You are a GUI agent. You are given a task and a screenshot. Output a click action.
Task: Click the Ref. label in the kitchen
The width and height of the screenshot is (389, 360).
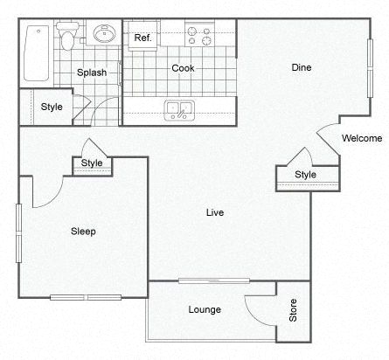tap(143, 38)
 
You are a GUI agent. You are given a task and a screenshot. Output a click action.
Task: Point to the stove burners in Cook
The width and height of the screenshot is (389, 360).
tap(198, 36)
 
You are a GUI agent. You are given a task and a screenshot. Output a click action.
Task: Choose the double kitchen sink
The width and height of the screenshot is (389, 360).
tap(179, 110)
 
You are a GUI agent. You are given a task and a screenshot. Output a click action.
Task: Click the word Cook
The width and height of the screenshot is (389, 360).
tap(182, 68)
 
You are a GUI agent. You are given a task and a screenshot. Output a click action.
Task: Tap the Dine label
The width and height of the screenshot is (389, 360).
tap(301, 68)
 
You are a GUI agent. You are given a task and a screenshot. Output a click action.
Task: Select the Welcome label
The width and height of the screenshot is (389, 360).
tap(361, 138)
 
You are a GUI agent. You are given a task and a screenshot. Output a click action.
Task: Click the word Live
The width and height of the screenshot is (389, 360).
tap(214, 212)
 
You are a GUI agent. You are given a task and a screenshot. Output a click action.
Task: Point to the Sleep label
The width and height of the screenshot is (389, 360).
tap(83, 232)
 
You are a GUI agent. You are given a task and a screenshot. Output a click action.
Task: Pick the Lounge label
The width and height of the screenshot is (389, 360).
tap(204, 310)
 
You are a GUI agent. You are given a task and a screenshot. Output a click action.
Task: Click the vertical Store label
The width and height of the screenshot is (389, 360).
tap(294, 311)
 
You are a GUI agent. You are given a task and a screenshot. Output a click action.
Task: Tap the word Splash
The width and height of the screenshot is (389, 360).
tap(92, 73)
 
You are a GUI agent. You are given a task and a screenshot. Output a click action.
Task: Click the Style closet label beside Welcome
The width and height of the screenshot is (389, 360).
tap(305, 175)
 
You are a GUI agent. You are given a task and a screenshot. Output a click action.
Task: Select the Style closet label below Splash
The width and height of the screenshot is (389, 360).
tap(52, 107)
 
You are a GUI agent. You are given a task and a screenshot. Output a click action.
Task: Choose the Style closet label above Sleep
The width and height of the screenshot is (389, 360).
tap(92, 163)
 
